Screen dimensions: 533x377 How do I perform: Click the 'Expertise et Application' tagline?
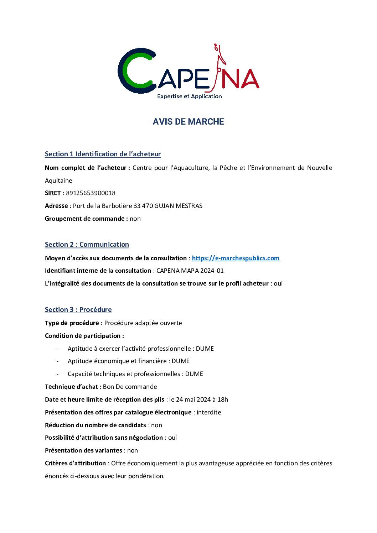[189, 96]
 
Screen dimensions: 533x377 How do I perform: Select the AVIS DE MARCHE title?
[188, 122]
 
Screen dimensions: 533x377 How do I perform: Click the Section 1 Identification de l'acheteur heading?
[103, 154]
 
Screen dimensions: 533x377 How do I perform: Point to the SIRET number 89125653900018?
[91, 193]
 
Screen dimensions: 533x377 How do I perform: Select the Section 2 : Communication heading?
[87, 245]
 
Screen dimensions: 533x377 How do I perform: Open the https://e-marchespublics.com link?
[236, 258]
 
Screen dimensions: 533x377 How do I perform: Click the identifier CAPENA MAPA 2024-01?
[190, 271]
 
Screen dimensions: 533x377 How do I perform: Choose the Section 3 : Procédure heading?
[78, 310]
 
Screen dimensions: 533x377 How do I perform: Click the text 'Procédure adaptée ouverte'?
[143, 323]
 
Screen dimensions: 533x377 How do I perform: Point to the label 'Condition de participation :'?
[84, 336]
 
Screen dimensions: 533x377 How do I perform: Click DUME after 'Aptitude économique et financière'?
[181, 361]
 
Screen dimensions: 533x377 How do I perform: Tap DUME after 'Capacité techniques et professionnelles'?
[194, 374]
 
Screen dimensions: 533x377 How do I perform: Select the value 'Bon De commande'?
[130, 387]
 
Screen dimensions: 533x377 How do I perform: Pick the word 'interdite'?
[209, 412]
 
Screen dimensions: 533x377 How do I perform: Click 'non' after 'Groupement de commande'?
[135, 219]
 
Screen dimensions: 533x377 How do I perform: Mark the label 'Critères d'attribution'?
[75, 463]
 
